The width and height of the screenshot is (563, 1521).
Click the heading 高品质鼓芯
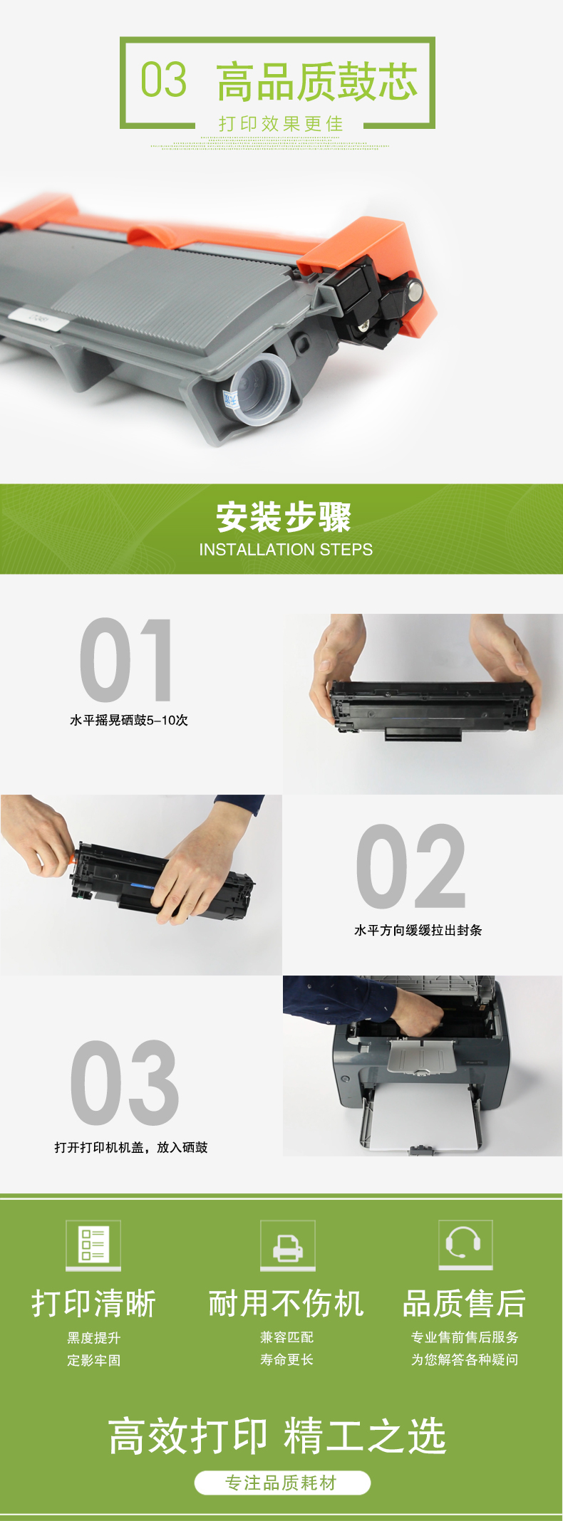[x=317, y=81]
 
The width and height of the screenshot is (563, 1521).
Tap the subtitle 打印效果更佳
[x=281, y=124]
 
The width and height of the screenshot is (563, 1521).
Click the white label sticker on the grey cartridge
[x=38, y=318]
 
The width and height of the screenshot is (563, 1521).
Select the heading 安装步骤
[x=284, y=517]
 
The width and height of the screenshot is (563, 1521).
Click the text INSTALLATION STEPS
[x=286, y=550]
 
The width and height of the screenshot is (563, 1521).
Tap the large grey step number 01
[x=126, y=659]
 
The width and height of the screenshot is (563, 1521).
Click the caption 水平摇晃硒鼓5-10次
[x=129, y=720]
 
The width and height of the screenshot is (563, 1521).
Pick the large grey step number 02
[x=410, y=866]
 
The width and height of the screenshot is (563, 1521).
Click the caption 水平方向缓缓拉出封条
[x=418, y=930]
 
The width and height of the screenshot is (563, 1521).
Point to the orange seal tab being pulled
[x=72, y=859]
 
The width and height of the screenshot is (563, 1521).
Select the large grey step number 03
[x=125, y=1082]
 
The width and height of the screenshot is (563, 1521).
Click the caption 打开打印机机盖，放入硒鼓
[x=131, y=1147]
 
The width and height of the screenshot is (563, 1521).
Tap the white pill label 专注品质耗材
[x=282, y=1483]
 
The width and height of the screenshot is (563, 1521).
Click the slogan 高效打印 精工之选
[x=278, y=1436]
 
